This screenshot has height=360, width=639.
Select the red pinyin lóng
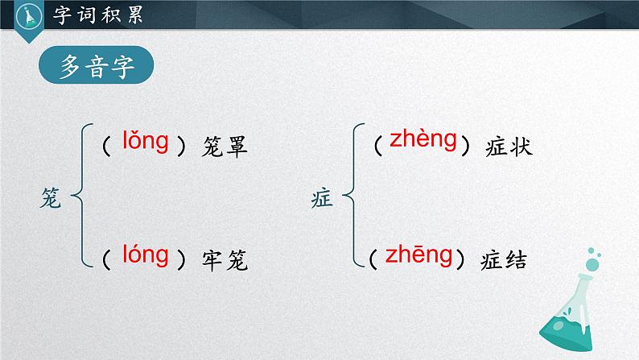(145, 256)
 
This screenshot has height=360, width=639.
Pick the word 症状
(509, 147)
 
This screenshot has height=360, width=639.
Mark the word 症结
(505, 260)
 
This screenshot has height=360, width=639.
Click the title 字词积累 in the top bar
(96, 15)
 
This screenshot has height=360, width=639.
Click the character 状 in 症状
(522, 147)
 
